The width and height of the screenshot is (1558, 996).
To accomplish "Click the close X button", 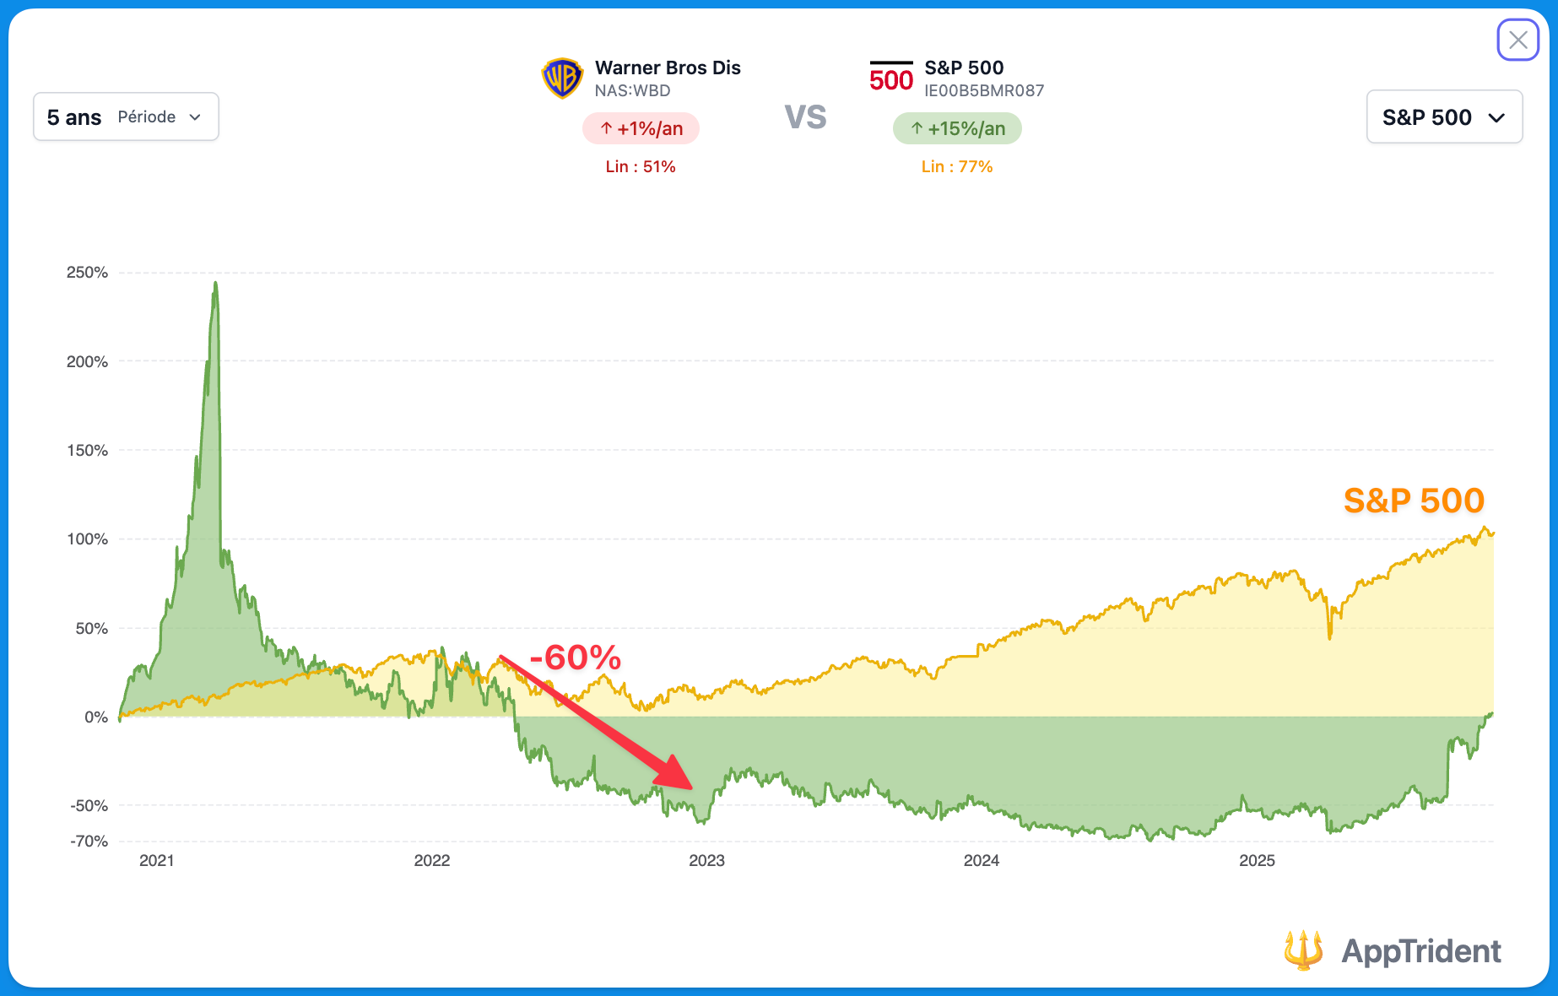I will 1517,40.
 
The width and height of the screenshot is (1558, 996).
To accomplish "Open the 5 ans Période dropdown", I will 126,116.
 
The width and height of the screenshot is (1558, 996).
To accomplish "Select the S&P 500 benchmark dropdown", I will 1443,117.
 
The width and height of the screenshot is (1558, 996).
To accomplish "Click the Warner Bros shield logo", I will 562,78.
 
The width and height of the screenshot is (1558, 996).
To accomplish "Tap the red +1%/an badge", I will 641,128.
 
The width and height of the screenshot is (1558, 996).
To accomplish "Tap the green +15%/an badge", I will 957,128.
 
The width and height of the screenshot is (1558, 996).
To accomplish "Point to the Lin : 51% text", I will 641,166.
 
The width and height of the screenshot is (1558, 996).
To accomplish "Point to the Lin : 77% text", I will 957,166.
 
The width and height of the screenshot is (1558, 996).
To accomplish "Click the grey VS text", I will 805,117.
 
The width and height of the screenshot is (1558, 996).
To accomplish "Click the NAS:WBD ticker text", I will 632,90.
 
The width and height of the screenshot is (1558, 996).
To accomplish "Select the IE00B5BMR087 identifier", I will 984,90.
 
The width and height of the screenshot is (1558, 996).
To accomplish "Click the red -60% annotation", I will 576,658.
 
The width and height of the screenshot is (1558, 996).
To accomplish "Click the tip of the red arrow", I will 691,788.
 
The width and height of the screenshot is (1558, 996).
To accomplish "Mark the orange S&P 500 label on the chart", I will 1414,501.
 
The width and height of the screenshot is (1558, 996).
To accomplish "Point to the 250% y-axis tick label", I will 88,273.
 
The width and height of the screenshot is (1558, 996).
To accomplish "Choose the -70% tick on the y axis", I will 89,841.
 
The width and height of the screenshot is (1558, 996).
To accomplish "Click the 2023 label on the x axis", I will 706,860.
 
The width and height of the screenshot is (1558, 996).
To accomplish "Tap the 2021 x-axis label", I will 157,860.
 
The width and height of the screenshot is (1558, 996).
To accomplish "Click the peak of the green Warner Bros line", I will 215,283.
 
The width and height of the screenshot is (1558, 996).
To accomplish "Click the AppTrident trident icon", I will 1303,950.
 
